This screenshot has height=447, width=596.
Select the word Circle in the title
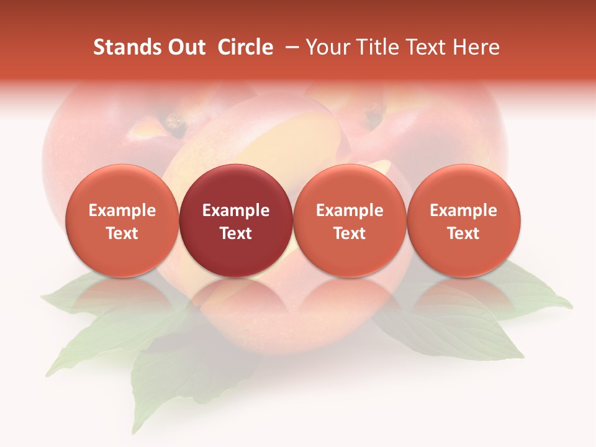pyautogui.click(x=245, y=47)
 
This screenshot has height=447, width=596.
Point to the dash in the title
pyautogui.click(x=289, y=47)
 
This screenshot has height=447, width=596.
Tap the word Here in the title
pyautogui.click(x=477, y=47)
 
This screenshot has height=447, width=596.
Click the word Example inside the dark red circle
pyautogui.click(x=236, y=210)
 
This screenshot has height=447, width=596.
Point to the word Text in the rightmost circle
pyautogui.click(x=463, y=233)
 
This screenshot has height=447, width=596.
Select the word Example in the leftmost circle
pyautogui.click(x=122, y=210)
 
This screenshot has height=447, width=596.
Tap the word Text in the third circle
pyautogui.click(x=350, y=233)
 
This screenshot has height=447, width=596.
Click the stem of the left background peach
pyautogui.click(x=174, y=124)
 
